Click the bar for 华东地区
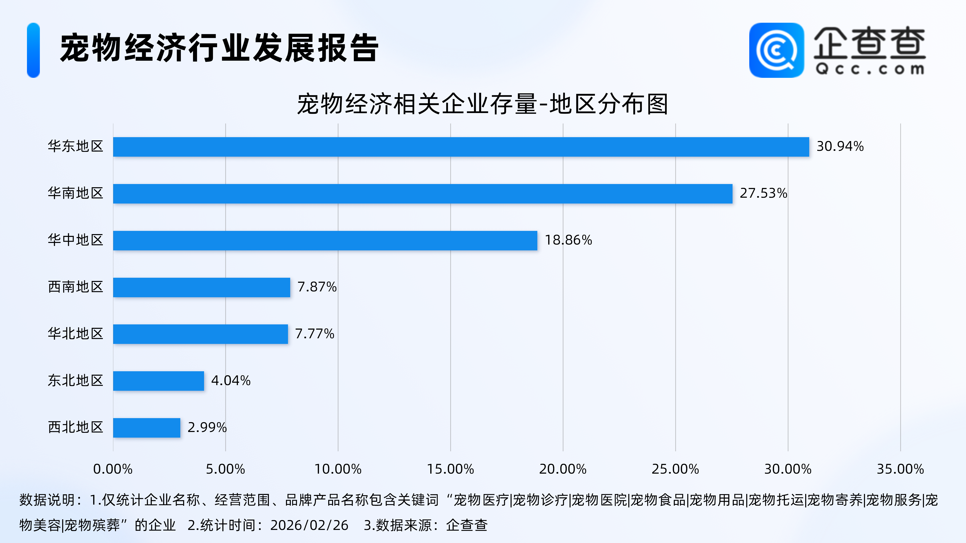pyautogui.click(x=461, y=147)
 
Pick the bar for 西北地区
pyautogui.click(x=147, y=428)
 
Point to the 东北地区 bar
pyautogui.click(x=159, y=381)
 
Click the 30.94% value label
pyautogui.click(x=840, y=146)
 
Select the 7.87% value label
pyautogui.click(x=317, y=287)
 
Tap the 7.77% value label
pyautogui.click(x=315, y=333)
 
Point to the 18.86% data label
pyautogui.click(x=568, y=240)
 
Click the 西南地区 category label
pyautogui.click(x=75, y=287)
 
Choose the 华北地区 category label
pyautogui.click(x=75, y=333)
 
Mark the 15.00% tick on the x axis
pyautogui.click(x=450, y=469)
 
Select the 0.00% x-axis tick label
pyautogui.click(x=113, y=469)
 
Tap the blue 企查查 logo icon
pyautogui.click(x=776, y=50)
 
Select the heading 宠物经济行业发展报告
pyautogui.click(x=219, y=48)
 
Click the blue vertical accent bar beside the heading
pyautogui.click(x=33, y=50)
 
